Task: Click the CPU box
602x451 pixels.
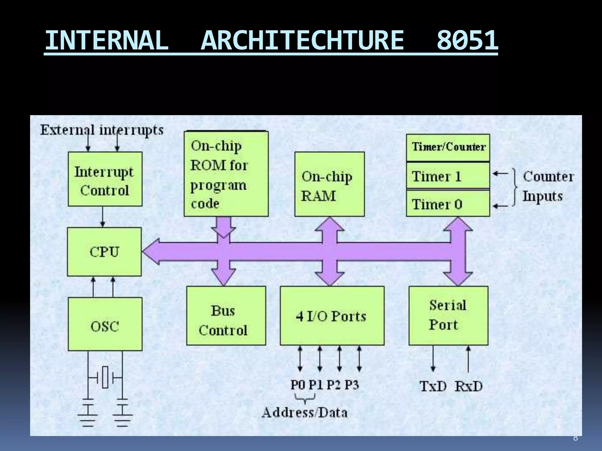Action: coord(104,252)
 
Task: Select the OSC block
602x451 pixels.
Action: coord(105,324)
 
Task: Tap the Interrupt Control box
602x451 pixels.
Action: coord(105,179)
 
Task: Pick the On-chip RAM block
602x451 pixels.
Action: coord(330,184)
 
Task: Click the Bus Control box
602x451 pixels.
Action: coord(226,316)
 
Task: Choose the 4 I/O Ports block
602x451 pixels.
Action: coord(332,316)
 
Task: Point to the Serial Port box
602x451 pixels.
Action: coord(448,316)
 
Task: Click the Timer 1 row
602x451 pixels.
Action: coord(448,176)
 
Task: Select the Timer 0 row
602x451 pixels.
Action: coord(448,204)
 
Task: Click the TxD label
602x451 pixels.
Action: coord(433,386)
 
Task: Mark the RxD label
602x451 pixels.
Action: coord(469,386)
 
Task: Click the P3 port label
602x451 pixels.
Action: coord(352,384)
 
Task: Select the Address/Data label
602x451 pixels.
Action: coord(305,413)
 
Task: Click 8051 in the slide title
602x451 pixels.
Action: coord(467,41)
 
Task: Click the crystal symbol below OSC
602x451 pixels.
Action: coord(105,377)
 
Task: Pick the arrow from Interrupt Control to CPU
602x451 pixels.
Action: coord(103,217)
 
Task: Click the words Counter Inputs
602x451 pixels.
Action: coord(548,186)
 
